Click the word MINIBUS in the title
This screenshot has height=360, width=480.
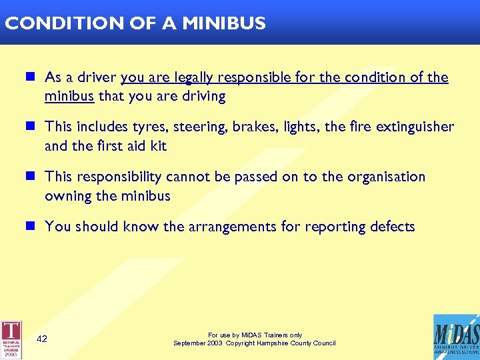tap(224, 23)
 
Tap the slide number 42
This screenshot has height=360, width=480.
tap(42, 339)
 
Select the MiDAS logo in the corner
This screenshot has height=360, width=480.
tap(455, 337)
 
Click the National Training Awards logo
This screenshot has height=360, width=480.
tap(11, 339)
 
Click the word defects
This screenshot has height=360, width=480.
tap(389, 227)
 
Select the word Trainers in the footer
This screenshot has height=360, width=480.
tap(269, 335)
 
